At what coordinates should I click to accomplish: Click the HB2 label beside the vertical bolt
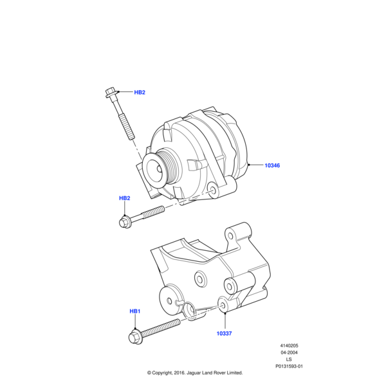pos(139,93)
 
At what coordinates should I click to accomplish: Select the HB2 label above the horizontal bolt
pos(125,198)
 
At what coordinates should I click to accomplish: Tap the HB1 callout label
pos(134,311)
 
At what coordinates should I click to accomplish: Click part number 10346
pos(272,165)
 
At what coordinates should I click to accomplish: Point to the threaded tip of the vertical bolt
pos(129,134)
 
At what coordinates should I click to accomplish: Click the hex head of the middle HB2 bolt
pos(125,221)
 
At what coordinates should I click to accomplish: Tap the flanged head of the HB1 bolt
pos(136,336)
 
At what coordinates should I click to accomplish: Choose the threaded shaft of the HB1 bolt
pos(161,329)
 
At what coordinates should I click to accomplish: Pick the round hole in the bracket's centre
pos(200,278)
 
